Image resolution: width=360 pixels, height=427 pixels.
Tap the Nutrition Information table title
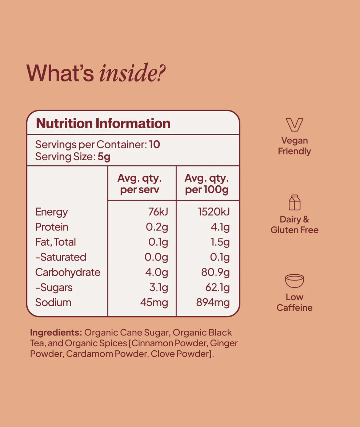click(x=103, y=124)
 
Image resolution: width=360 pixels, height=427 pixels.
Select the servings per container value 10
click(x=155, y=145)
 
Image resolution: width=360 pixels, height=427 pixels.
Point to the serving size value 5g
click(x=104, y=157)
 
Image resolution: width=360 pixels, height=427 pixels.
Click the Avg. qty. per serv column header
click(x=140, y=184)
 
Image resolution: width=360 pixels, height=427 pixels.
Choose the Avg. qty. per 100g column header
click(x=207, y=184)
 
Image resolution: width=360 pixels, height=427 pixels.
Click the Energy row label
click(x=52, y=212)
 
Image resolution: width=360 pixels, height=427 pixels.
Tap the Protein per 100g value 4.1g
click(x=221, y=227)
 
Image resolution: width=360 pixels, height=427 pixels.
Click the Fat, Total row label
click(x=56, y=242)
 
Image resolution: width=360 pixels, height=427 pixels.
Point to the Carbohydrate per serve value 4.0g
click(x=156, y=272)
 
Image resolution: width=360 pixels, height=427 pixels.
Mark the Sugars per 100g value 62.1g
click(x=217, y=287)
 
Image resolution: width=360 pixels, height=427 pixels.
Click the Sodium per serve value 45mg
click(x=154, y=302)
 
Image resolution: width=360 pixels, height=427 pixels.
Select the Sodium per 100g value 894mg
click(x=213, y=302)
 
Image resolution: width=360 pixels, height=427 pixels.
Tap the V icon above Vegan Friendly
click(x=294, y=125)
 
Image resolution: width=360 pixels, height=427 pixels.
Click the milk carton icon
click(x=295, y=202)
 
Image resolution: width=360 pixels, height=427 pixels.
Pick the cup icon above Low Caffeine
click(x=295, y=281)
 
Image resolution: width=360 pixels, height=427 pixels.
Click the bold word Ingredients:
click(x=56, y=333)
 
